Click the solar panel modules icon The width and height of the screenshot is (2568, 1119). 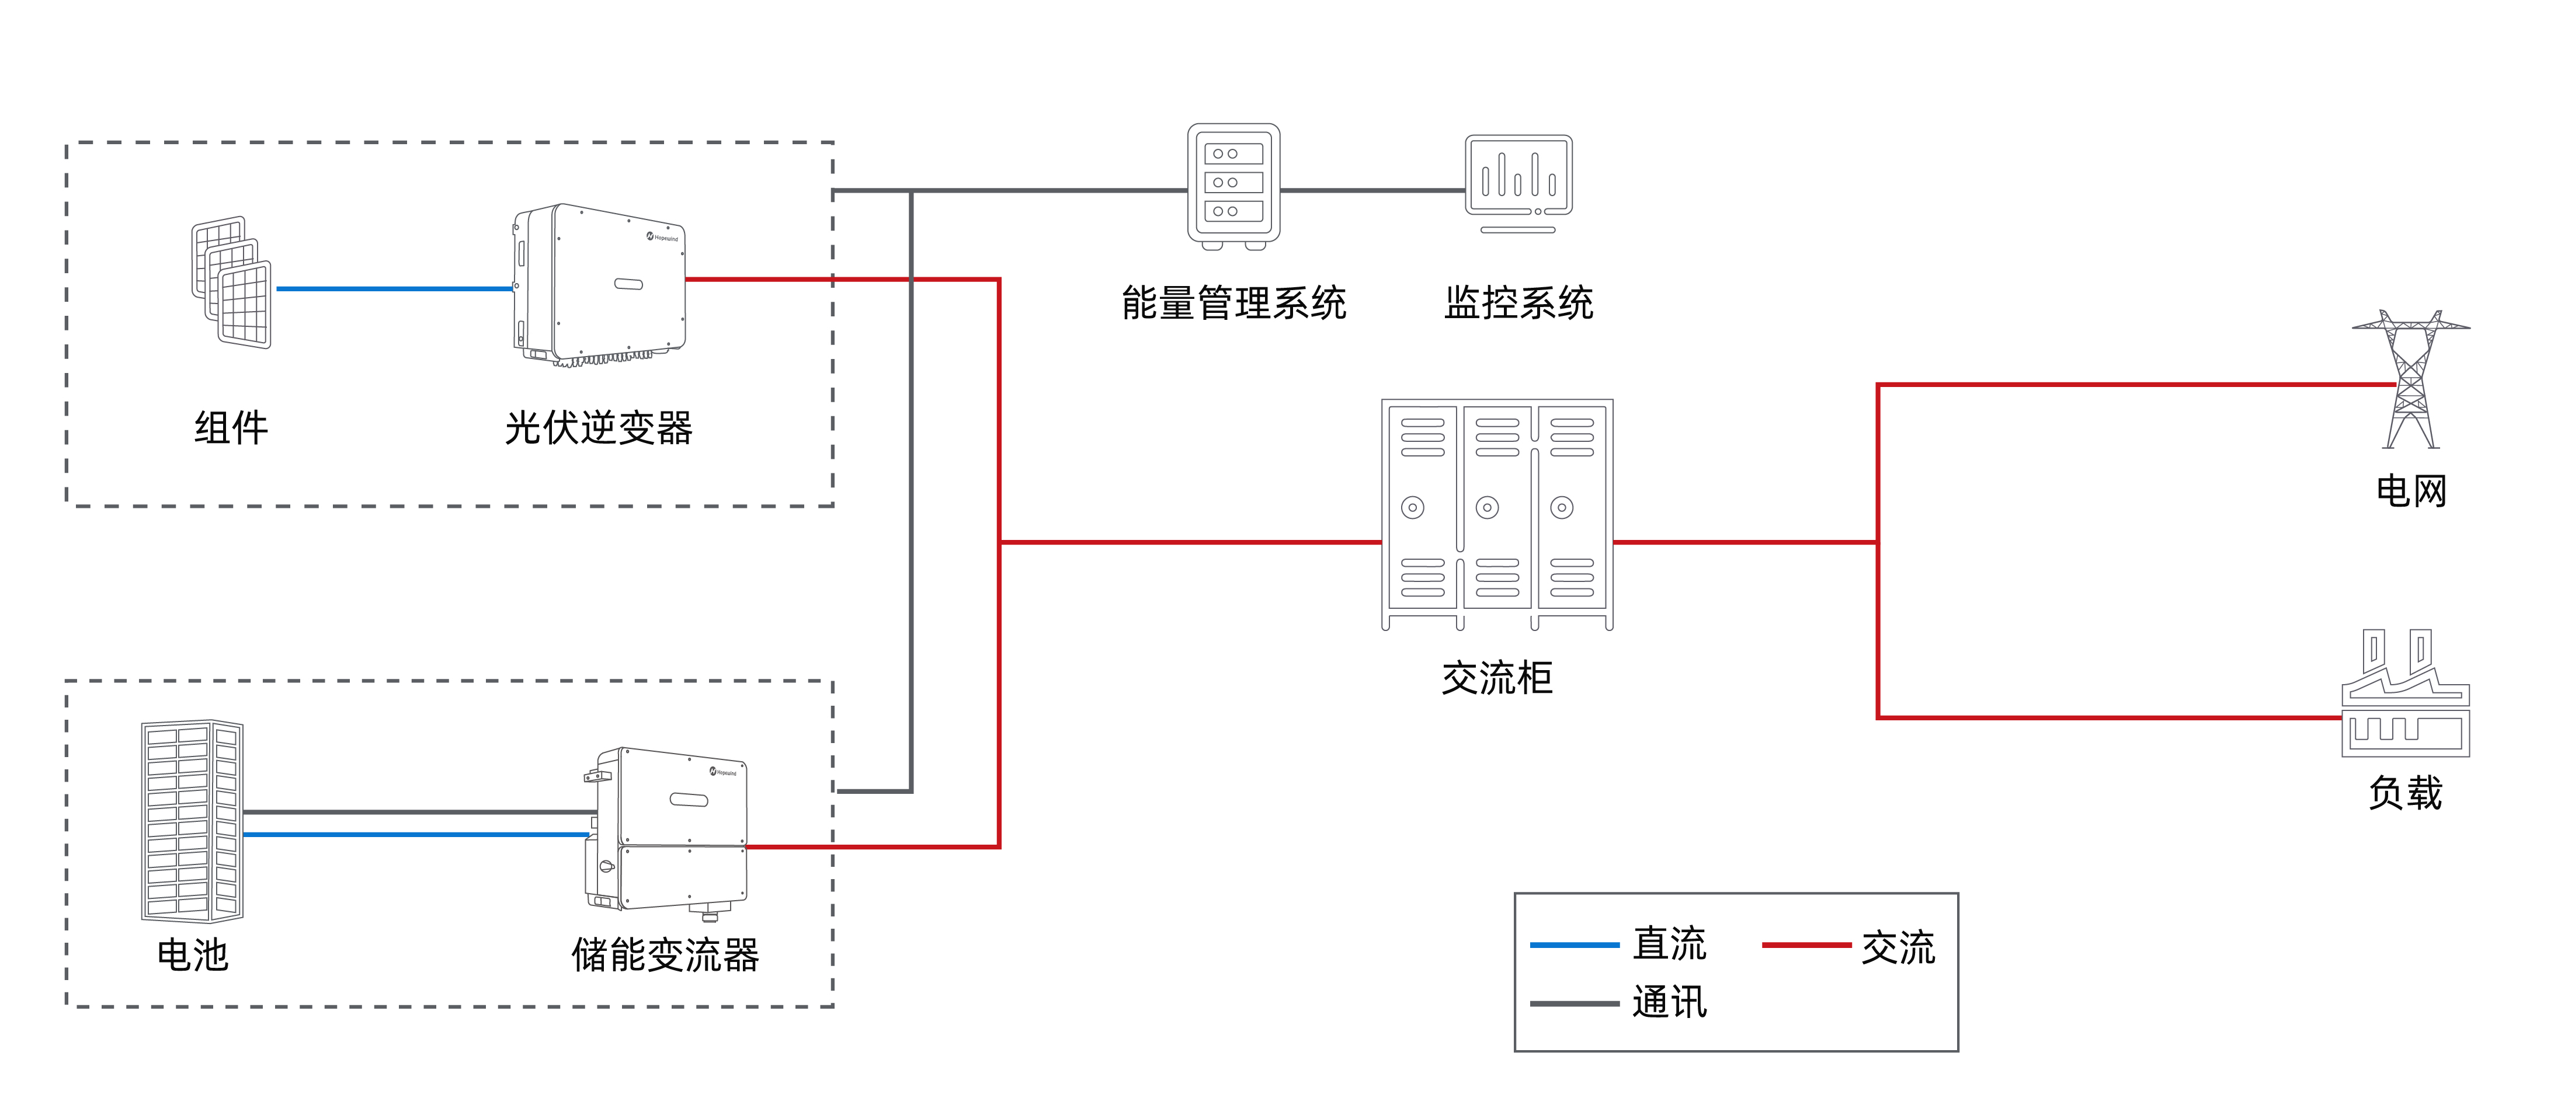coord(231,283)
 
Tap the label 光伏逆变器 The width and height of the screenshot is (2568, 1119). coord(598,428)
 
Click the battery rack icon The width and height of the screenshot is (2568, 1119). coord(192,821)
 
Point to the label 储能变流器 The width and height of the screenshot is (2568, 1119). coord(665,954)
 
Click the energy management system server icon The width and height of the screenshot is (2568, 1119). coord(1233,186)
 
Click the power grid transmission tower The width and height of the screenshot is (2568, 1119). coord(2410,379)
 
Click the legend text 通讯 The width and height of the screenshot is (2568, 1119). coord(1669,1002)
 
